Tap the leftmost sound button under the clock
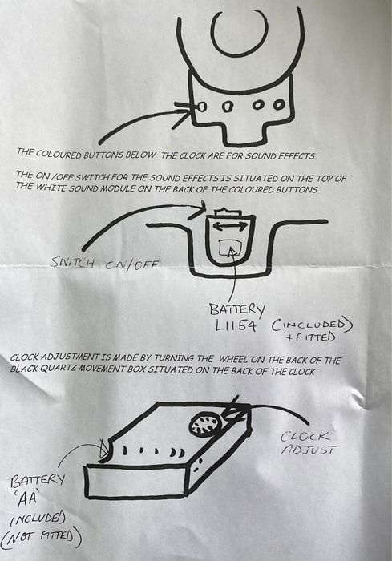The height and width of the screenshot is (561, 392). point(201,107)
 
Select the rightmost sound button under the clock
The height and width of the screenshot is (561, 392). point(278,104)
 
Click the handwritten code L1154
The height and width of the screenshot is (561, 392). point(235,325)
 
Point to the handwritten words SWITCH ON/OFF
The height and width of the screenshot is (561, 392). point(104,264)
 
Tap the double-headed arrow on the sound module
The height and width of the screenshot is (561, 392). point(230,226)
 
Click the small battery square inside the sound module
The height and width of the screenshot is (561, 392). point(229,247)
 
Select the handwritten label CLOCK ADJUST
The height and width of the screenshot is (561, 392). point(308,442)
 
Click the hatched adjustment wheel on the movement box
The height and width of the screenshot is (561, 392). point(205,423)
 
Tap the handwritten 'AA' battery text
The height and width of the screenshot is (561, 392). point(28,498)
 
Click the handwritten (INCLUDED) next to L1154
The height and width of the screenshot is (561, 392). point(312,325)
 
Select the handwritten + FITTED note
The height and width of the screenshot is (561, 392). point(310,337)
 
